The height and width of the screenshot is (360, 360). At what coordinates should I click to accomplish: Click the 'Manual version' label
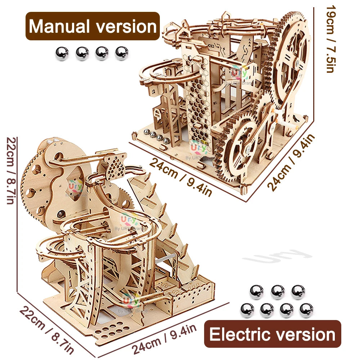pos(93,26)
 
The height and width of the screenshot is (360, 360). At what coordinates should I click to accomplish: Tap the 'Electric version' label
pos(273,334)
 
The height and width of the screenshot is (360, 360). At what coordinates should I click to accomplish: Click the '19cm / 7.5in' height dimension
pos(330,39)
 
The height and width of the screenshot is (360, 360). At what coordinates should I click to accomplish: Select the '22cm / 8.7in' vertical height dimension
pos(11,171)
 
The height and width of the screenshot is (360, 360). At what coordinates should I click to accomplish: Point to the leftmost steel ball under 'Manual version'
pos(62,54)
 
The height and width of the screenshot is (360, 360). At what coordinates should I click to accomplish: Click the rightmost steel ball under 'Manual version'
pos(122,54)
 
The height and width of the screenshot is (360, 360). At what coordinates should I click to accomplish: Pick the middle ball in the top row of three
pos(278,292)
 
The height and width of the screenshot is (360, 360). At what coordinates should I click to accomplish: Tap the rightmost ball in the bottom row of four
pos(306,310)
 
